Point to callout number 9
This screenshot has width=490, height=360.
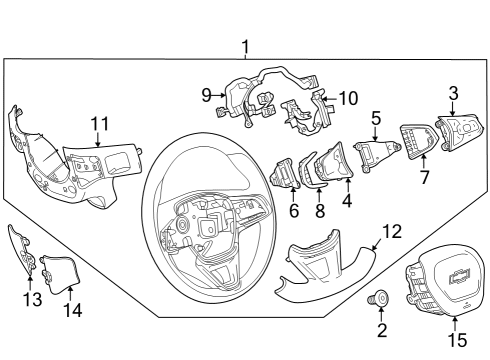[x=206, y=95]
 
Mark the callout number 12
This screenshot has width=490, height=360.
[x=392, y=231]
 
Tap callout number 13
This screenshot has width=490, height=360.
[x=28, y=298]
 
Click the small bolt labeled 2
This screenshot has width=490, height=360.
[x=381, y=297]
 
